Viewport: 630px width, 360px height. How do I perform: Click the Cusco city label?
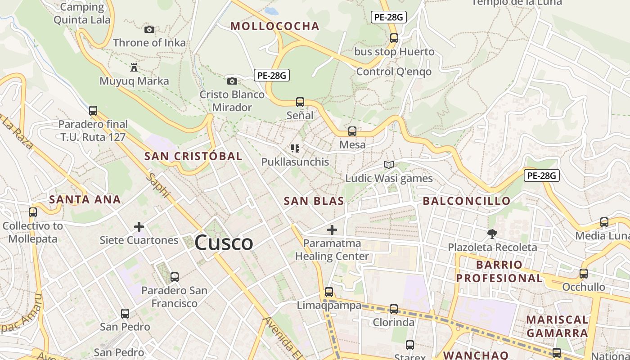(x=224, y=243)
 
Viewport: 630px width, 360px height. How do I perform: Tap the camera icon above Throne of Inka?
(x=149, y=30)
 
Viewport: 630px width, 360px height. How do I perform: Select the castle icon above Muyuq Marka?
(x=134, y=68)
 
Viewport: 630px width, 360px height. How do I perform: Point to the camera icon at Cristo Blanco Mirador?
(x=232, y=81)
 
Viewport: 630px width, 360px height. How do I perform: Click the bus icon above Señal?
(x=300, y=102)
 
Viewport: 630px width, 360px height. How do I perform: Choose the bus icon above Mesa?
(x=352, y=131)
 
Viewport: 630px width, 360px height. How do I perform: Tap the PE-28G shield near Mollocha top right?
(x=389, y=18)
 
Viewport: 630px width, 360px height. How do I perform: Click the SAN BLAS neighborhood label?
(x=314, y=201)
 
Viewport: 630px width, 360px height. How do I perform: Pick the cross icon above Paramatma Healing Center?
(x=332, y=230)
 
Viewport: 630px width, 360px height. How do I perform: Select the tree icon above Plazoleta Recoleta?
(x=492, y=234)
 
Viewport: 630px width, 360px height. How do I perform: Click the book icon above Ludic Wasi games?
(x=389, y=165)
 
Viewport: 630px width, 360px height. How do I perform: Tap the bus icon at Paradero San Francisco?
(x=175, y=277)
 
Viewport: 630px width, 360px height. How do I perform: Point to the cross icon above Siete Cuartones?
(x=139, y=227)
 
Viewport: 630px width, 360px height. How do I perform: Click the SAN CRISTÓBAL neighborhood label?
(x=193, y=157)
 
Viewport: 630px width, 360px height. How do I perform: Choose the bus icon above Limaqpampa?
(x=329, y=292)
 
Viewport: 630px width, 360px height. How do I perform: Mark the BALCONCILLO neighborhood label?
(x=467, y=201)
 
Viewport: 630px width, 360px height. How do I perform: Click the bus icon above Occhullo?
(x=584, y=273)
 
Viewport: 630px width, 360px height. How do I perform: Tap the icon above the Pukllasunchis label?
(x=295, y=148)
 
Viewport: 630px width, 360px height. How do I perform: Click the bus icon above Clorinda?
(x=394, y=309)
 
